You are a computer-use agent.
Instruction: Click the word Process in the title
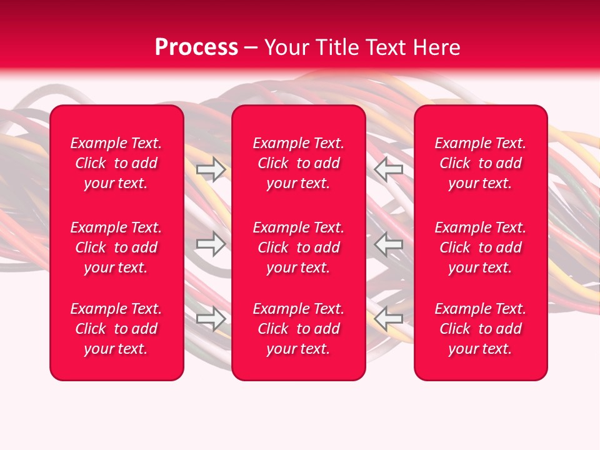[x=196, y=47]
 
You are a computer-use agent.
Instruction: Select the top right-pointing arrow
[x=211, y=169]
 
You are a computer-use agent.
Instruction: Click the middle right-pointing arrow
[x=211, y=244]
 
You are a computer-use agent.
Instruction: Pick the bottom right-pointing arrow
[x=211, y=319]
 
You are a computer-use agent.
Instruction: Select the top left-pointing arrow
[x=389, y=169]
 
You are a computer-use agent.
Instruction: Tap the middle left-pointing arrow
[x=389, y=244]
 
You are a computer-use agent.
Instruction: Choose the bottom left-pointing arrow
[x=389, y=319]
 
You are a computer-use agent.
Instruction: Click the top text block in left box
[x=116, y=163]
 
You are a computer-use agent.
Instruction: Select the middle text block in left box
[x=116, y=247]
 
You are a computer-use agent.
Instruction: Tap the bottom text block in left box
[x=116, y=329]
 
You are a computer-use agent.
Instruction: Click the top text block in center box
[x=298, y=163]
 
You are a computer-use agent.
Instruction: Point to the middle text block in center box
[x=298, y=247]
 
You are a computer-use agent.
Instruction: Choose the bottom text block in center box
[x=298, y=329]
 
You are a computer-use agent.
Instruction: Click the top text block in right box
[x=480, y=163]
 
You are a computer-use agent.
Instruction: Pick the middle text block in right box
[x=480, y=247]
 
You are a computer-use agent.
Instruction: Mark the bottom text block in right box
[x=480, y=329]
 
